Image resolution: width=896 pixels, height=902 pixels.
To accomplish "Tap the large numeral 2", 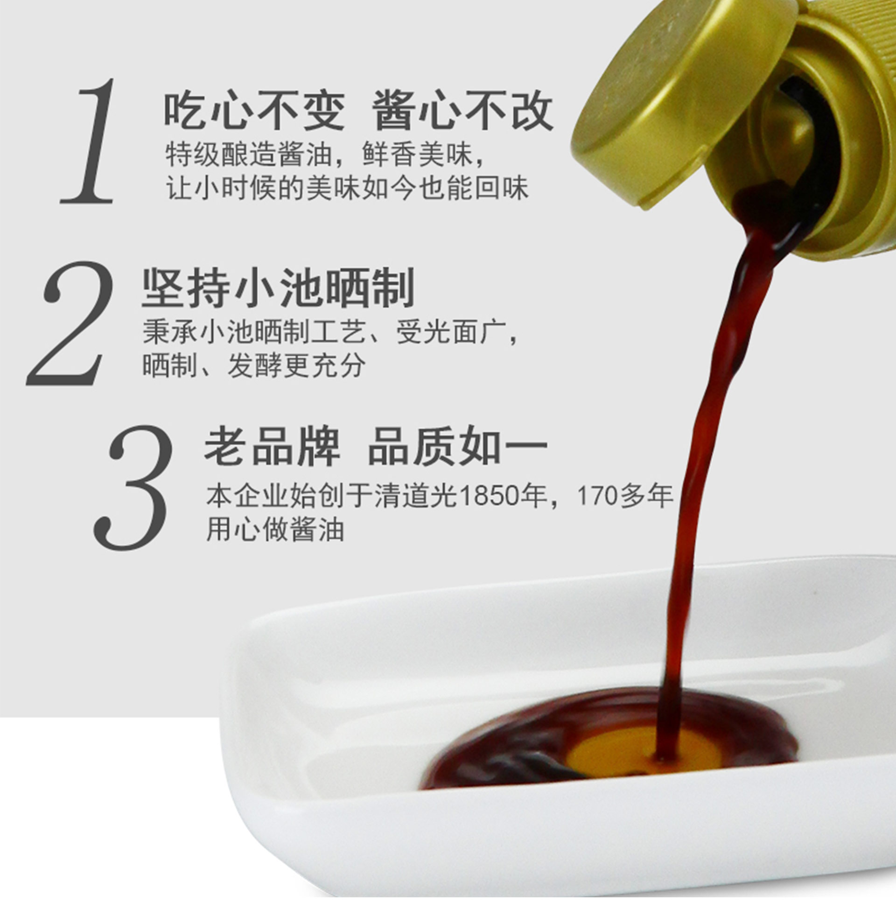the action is point(70,323).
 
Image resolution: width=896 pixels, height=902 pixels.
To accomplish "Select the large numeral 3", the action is point(133,488).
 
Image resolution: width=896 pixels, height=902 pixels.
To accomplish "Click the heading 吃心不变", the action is point(254,111).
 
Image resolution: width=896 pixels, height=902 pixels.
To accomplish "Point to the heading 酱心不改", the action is point(462,111).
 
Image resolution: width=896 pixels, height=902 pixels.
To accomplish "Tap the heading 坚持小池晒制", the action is point(278,287).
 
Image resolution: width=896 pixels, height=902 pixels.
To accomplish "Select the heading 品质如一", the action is point(458,446).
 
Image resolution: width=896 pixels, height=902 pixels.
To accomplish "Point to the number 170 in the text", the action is point(598,496).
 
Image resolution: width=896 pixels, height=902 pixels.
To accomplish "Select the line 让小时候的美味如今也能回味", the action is point(347,188).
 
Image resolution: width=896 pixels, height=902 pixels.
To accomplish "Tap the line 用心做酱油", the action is point(275,531).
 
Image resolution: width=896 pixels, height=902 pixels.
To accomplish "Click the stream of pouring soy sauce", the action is point(714,443).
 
